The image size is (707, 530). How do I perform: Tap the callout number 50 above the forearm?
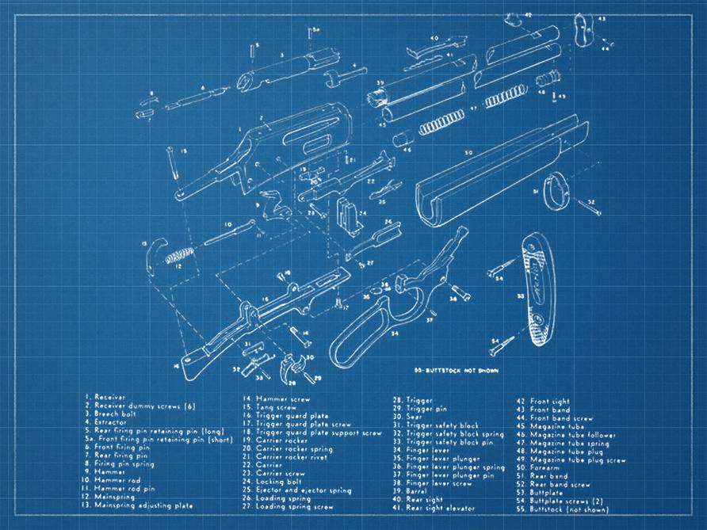click(x=468, y=152)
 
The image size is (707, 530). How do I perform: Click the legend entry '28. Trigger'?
click(x=413, y=400)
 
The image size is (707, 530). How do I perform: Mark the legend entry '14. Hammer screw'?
click(x=277, y=399)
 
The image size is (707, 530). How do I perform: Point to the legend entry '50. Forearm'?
click(x=539, y=468)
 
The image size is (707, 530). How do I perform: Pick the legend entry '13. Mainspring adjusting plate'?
click(x=138, y=505)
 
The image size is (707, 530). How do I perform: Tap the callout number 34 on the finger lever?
click(x=394, y=334)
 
